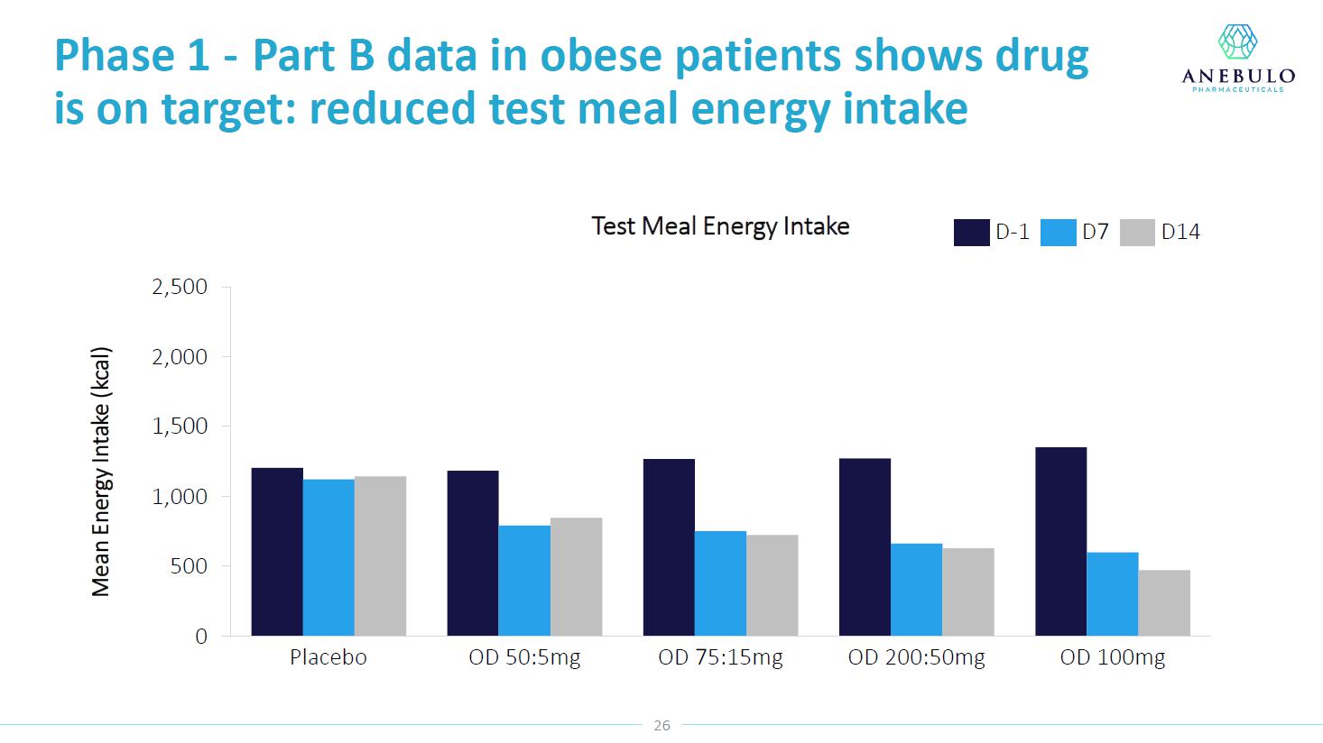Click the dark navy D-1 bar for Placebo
click(x=277, y=552)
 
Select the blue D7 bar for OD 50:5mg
click(x=524, y=581)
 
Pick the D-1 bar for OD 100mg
click(x=1060, y=541)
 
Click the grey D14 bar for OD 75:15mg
click(x=772, y=585)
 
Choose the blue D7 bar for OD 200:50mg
click(x=916, y=590)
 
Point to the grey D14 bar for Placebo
click(x=380, y=555)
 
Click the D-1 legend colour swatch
click(x=971, y=233)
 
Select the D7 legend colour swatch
click(x=1058, y=233)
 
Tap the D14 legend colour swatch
click(x=1137, y=233)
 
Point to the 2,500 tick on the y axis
click(x=180, y=287)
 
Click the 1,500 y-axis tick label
click(x=180, y=427)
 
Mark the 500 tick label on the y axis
click(x=188, y=566)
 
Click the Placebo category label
click(x=328, y=657)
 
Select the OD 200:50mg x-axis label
click(x=916, y=657)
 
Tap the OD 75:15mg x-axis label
click(x=720, y=657)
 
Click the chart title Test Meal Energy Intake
click(x=720, y=226)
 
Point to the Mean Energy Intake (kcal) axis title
click(x=101, y=472)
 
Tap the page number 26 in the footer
click(x=662, y=726)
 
